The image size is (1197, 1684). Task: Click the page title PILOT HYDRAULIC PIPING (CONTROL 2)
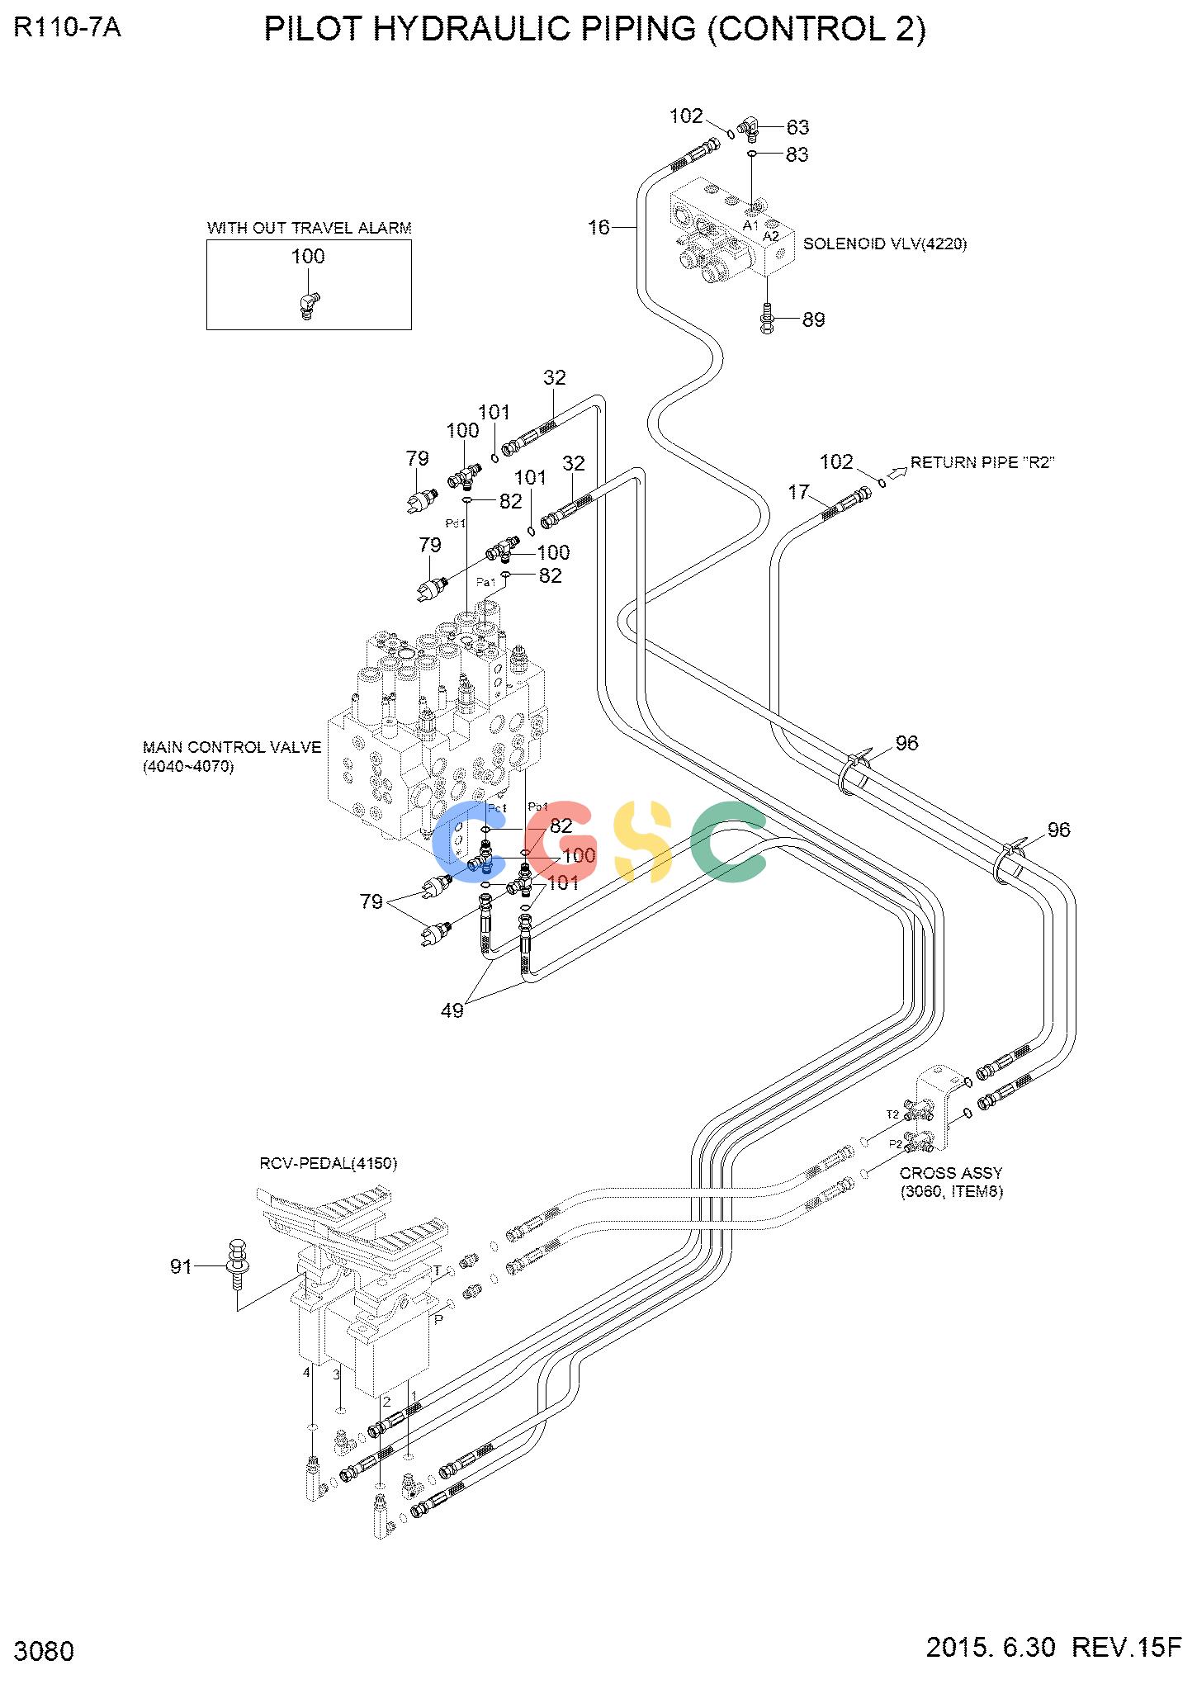click(594, 30)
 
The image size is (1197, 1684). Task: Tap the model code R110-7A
click(68, 28)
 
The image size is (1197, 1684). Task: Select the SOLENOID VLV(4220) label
click(885, 244)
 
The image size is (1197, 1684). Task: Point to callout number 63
click(797, 127)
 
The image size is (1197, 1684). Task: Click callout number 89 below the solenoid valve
click(814, 319)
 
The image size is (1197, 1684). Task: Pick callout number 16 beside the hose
click(598, 227)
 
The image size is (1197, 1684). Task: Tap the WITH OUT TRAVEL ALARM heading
click(310, 228)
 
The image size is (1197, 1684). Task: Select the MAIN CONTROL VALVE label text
click(232, 747)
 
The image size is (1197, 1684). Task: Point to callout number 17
click(798, 493)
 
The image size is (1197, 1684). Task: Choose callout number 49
click(452, 1010)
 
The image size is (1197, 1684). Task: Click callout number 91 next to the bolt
click(181, 1266)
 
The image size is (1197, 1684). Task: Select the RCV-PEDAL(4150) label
click(329, 1163)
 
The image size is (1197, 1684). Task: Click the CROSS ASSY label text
click(951, 1173)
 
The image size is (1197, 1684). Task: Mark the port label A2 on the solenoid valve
click(770, 236)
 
